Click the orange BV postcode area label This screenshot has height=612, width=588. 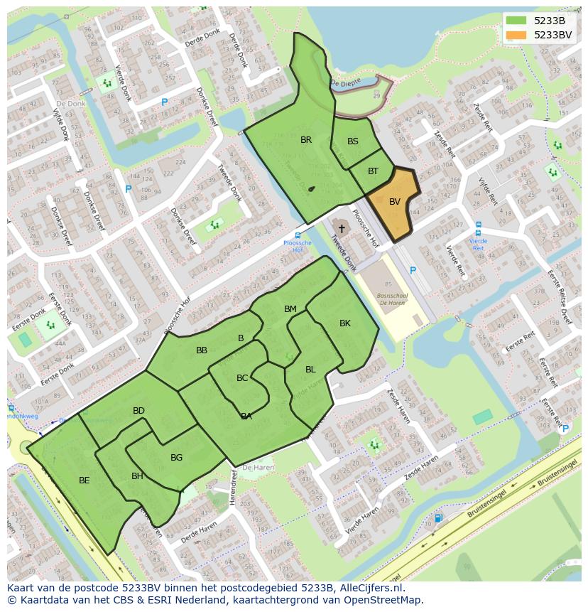[395, 202]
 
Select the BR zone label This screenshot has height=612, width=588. [306, 140]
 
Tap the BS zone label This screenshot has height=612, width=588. [353, 141]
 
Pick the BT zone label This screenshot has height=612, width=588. [374, 171]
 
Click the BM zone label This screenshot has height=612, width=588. [290, 309]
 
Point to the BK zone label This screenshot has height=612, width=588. [345, 323]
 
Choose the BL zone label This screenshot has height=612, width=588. [310, 370]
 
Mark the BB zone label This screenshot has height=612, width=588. [202, 350]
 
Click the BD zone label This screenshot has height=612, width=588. [138, 411]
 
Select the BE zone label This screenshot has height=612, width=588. [85, 481]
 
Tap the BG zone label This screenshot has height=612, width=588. [177, 458]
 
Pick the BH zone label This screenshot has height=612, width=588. [137, 476]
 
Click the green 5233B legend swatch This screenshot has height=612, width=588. [516, 21]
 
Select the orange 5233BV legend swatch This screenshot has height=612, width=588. [516, 35]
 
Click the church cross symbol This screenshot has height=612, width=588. [342, 229]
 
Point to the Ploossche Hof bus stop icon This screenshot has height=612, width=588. [298, 235]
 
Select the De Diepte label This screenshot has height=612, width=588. [346, 84]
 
